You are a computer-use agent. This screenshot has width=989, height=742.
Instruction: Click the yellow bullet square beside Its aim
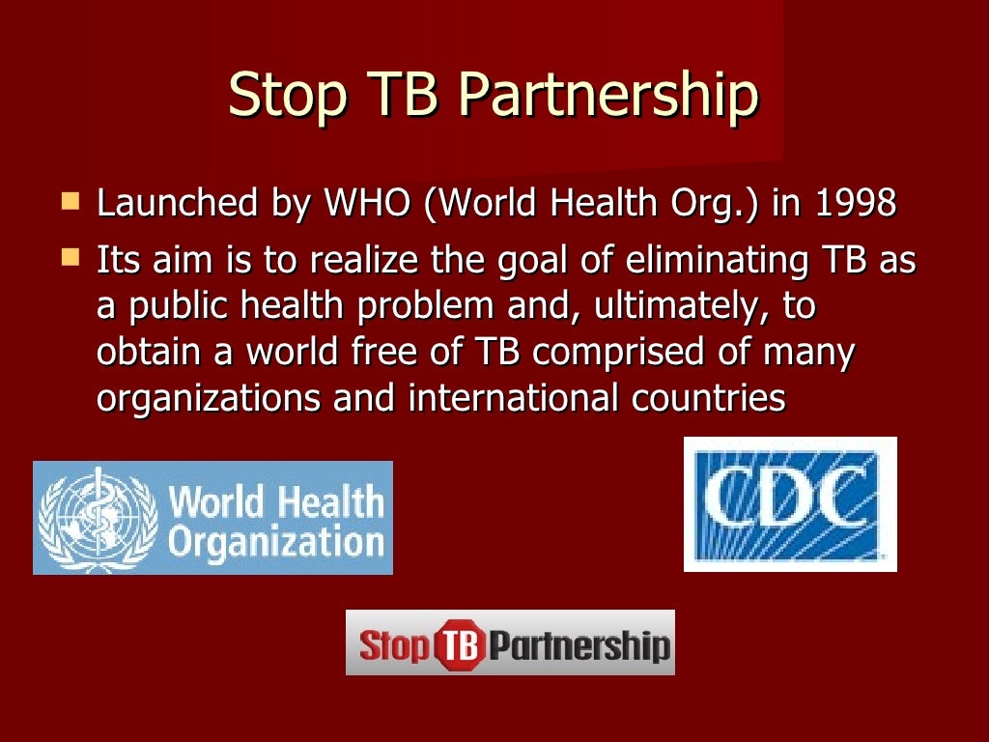point(70,258)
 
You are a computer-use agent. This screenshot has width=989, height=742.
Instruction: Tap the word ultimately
point(665,306)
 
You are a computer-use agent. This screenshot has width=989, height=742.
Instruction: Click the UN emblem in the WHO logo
point(97,518)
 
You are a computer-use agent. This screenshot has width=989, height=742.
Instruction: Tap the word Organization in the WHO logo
point(276,541)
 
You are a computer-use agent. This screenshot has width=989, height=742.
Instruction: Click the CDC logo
point(790,503)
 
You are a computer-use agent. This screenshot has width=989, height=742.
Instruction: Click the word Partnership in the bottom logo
point(578,643)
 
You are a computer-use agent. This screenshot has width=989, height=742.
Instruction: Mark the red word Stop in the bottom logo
point(394,643)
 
